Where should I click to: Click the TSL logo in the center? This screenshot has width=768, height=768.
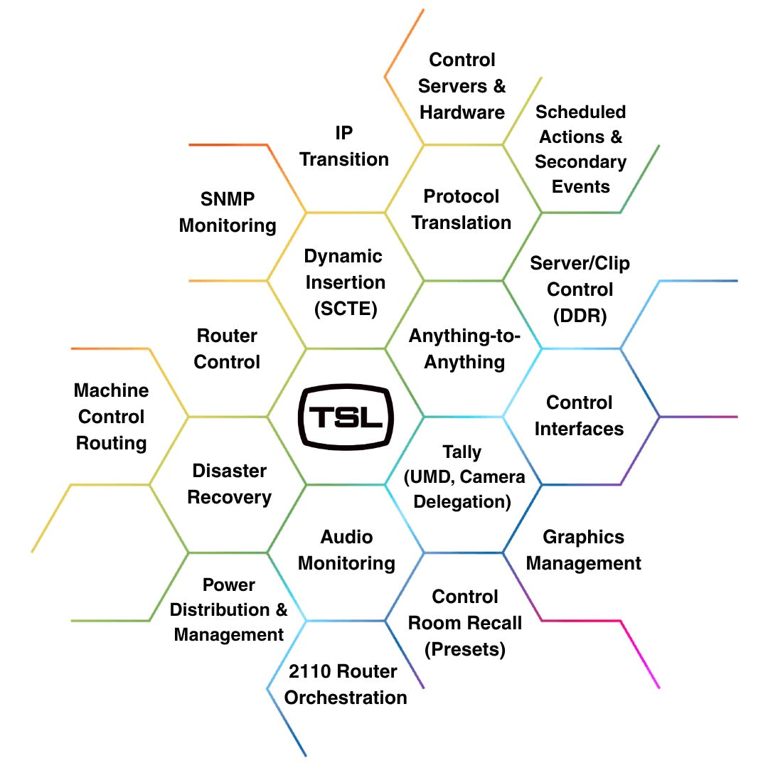346,417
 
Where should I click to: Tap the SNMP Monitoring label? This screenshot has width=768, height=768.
228,212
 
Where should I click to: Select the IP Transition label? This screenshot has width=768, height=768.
344,146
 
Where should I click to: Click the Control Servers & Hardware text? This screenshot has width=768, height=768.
462,86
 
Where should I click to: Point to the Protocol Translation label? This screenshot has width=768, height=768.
462,209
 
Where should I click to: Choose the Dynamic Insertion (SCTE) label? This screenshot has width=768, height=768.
345,282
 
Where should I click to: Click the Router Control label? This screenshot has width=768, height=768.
227,348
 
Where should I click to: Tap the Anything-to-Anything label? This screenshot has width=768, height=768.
464,348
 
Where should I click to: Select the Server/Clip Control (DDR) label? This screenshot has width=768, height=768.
580,289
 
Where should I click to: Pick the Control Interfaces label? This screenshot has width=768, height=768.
579,415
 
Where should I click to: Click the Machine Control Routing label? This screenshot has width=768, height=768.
111,417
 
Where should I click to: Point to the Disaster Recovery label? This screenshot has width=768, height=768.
229,484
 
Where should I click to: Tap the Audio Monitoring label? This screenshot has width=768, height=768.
346,550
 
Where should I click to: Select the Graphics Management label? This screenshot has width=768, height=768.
583,550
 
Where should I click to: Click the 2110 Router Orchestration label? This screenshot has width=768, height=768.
346,684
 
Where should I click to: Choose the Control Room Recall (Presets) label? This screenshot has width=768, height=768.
465,623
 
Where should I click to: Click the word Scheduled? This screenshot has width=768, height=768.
580,112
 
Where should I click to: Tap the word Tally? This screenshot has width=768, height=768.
462,452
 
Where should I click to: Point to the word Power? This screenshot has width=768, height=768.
229,585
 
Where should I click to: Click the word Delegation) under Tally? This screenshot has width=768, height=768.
462,501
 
